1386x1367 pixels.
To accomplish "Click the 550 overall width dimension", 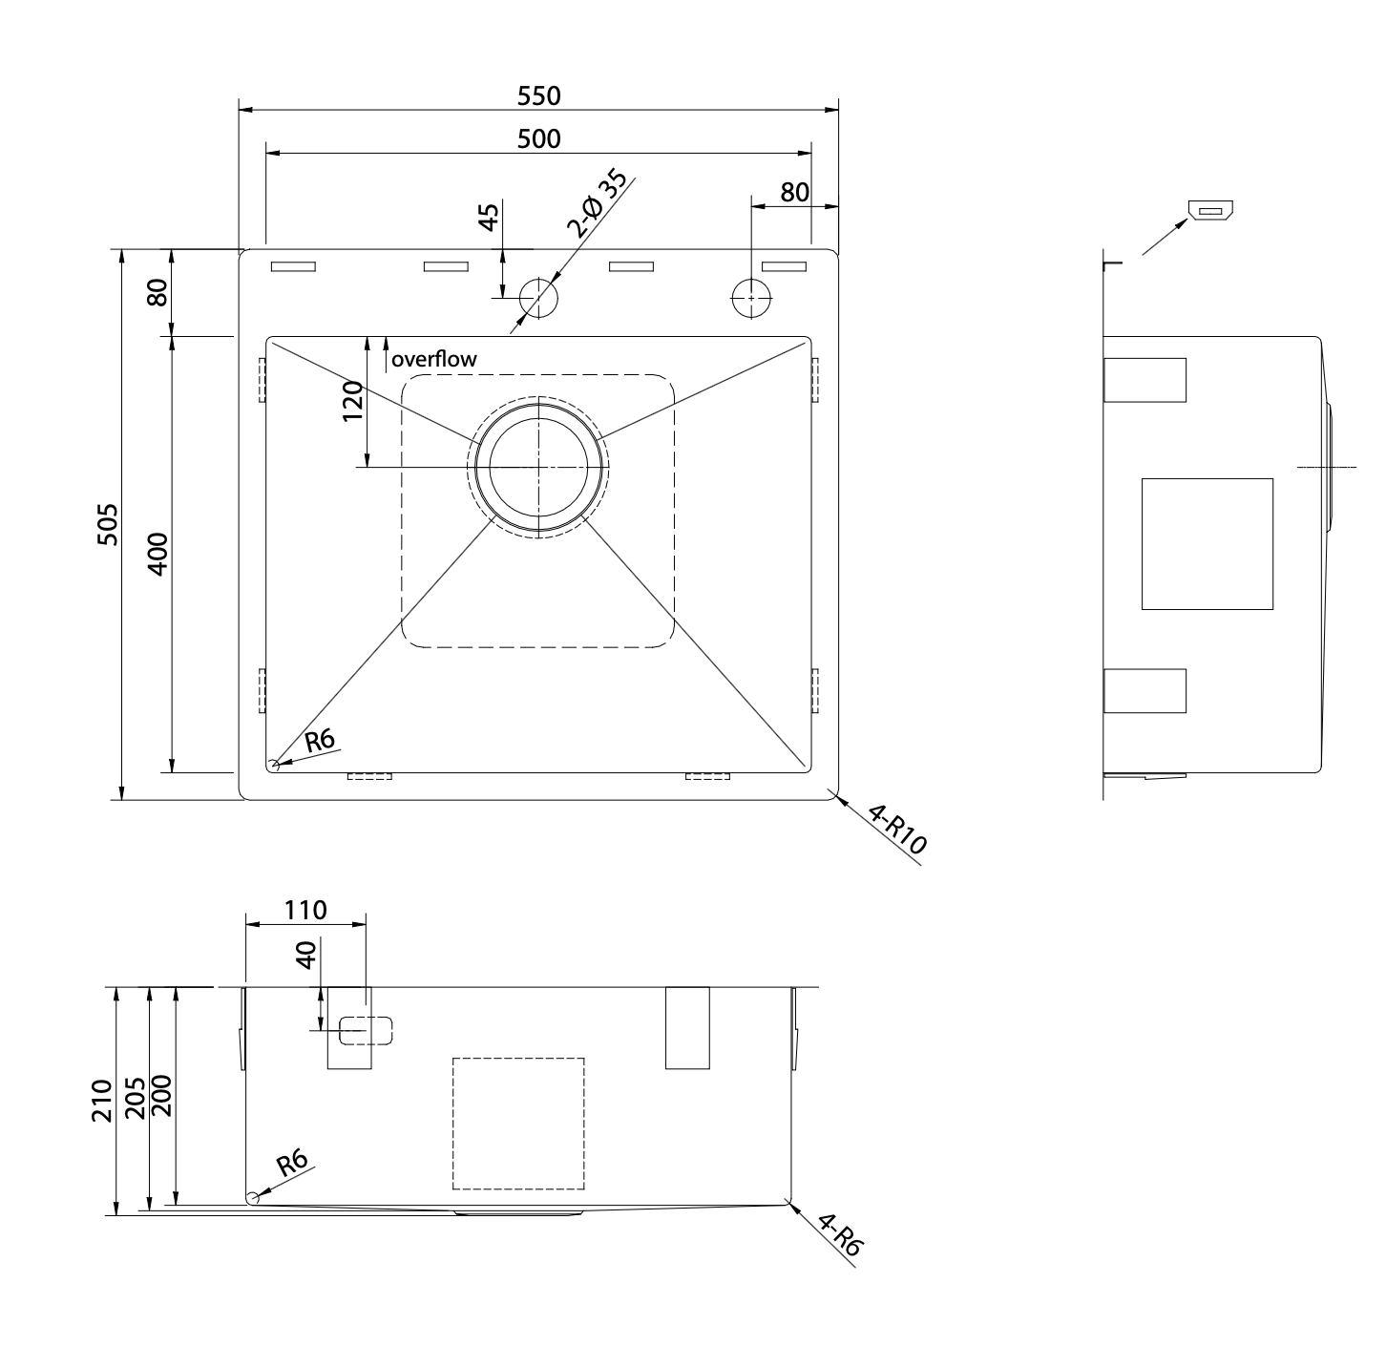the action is pos(538,95).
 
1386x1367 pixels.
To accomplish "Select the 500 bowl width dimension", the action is pos(538,138).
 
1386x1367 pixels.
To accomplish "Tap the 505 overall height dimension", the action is pos(107,524).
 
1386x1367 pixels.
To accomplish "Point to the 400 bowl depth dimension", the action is pos(157,554).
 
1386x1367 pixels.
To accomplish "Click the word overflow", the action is pos(433,359).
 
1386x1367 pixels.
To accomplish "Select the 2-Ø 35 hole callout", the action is pos(597,204).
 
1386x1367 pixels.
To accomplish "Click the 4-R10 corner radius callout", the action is pos(896,830).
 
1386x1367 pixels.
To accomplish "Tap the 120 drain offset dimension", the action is pos(353,402).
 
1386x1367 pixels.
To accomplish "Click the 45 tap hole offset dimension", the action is pos(489,218).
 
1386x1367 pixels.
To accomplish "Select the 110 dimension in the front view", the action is pos(305,911).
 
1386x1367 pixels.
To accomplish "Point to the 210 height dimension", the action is pos(102,1101).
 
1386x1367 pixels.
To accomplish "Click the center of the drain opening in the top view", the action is pos(538,468).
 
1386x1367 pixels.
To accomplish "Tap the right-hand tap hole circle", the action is pos(751,297).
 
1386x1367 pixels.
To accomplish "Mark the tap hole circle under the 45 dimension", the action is pos(538,297).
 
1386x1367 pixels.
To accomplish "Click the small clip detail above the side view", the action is pos(1210,211).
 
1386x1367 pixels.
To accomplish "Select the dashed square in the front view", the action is pos(518,1124).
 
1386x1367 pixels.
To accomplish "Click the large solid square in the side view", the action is pos(1207,544).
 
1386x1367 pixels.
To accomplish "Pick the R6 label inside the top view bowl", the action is pos(320,741).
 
